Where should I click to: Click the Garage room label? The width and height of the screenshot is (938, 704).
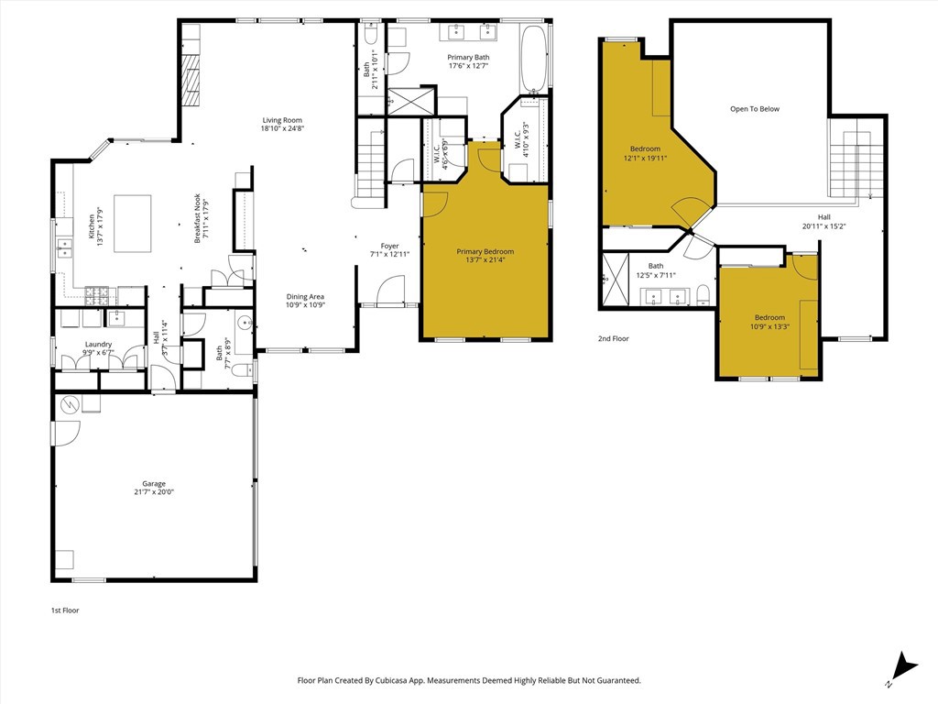click(x=154, y=484)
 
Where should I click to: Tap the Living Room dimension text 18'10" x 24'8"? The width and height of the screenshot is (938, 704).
click(x=282, y=128)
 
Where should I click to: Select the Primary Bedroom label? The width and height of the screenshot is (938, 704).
click(x=485, y=251)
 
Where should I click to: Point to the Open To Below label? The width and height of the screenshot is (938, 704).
click(x=755, y=109)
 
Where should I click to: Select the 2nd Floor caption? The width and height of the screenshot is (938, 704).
click(x=613, y=338)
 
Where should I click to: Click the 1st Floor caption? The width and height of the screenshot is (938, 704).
click(x=65, y=610)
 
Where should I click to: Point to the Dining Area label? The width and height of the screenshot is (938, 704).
click(x=305, y=296)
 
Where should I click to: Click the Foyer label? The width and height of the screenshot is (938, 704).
click(x=389, y=246)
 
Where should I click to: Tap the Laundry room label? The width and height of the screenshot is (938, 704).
click(x=98, y=345)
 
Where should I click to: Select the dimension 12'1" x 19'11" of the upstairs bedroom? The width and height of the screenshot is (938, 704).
click(x=645, y=159)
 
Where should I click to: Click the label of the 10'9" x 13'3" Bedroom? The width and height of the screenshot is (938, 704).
click(x=769, y=317)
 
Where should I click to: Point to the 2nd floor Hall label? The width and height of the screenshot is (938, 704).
click(x=823, y=217)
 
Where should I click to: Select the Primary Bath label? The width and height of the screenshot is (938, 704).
click(x=468, y=58)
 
